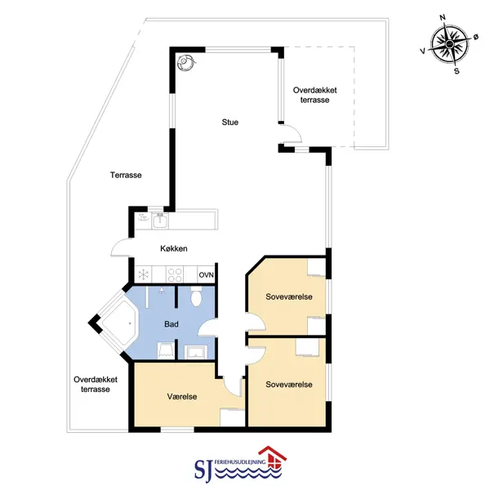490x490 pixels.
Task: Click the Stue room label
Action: (x=230, y=122)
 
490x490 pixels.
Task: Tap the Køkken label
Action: (x=174, y=248)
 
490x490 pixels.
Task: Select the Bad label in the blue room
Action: (x=171, y=324)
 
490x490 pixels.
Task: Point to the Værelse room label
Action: (x=182, y=397)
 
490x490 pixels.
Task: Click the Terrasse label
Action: (x=126, y=175)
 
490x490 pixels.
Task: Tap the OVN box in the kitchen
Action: (x=207, y=274)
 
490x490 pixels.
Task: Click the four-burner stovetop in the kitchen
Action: (x=175, y=274)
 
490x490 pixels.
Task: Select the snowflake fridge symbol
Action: (x=144, y=274)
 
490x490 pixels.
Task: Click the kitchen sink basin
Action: (x=160, y=220)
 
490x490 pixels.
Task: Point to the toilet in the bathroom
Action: (x=196, y=296)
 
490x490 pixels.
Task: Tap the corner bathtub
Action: (x=120, y=323)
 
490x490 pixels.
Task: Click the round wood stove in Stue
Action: (x=185, y=62)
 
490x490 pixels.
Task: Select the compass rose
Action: (x=449, y=44)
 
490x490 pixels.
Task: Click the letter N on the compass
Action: (x=443, y=17)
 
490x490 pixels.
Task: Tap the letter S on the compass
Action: (x=457, y=71)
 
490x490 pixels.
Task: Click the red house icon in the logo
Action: (x=272, y=458)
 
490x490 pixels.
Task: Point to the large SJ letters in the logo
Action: (x=203, y=470)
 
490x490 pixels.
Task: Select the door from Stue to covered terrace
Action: (x=291, y=133)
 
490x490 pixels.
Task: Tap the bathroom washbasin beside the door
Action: (x=195, y=352)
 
